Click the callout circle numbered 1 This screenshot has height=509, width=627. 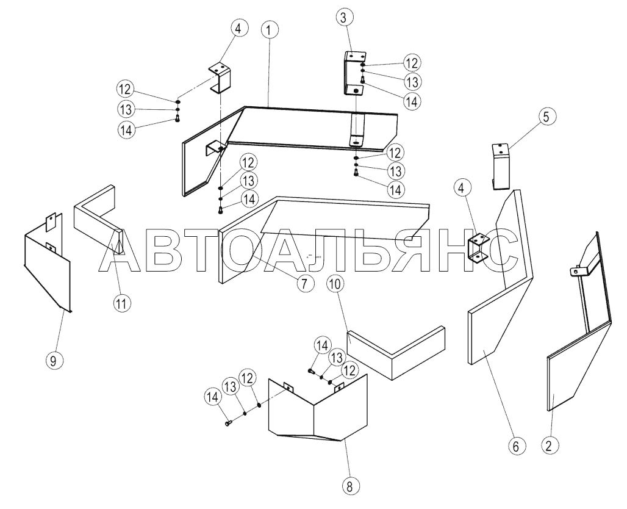(270, 29)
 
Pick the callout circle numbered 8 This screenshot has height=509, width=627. (349, 486)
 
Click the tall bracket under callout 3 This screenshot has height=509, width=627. (353, 73)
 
